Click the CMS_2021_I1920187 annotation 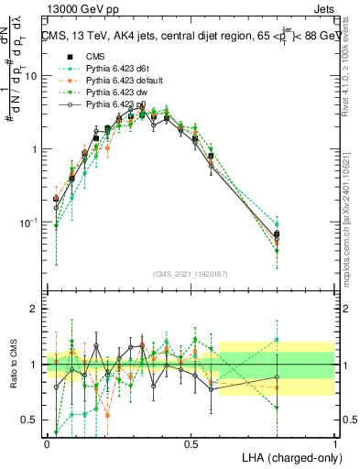[x=191, y=274]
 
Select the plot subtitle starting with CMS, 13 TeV [x=191, y=37]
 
